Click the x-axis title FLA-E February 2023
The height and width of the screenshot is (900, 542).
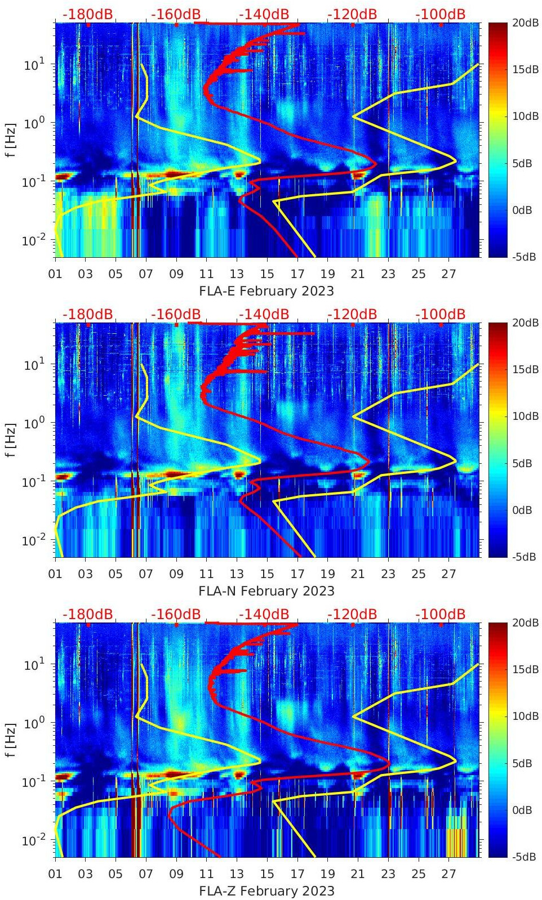click(266, 291)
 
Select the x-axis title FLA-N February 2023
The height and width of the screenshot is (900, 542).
click(266, 591)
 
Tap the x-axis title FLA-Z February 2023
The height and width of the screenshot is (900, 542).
click(266, 891)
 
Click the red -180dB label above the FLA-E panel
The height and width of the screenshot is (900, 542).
click(87, 14)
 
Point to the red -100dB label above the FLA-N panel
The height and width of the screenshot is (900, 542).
click(441, 314)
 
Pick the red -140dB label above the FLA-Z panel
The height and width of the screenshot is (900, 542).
click(264, 614)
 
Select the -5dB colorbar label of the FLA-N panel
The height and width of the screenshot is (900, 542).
click(522, 557)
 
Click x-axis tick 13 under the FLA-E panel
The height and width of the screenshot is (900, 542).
click(237, 274)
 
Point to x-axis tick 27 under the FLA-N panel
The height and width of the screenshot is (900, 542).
click(448, 574)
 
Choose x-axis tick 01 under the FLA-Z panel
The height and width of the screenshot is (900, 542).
click(55, 874)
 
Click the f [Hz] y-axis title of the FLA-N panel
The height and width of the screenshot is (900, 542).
click(10, 439)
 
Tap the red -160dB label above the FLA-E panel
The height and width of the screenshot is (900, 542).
click(176, 14)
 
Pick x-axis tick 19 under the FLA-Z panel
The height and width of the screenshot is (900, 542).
click(327, 874)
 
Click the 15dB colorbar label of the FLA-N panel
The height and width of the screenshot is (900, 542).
click(523, 369)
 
